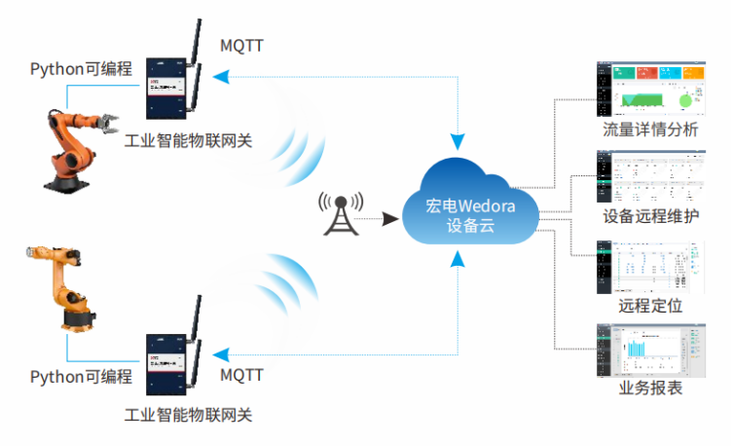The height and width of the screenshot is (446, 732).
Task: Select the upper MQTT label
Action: tap(242, 46)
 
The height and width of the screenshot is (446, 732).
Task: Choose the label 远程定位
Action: tap(650, 305)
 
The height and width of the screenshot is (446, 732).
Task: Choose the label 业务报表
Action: tap(650, 389)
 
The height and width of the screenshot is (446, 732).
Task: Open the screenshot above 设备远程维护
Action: tap(650, 176)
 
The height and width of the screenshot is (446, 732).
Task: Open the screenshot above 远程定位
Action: tap(650, 264)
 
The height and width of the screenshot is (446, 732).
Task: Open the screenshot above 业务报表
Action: tap(650, 348)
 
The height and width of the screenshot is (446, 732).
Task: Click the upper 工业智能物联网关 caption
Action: tap(189, 140)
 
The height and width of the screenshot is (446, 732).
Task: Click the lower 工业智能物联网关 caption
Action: tap(189, 415)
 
